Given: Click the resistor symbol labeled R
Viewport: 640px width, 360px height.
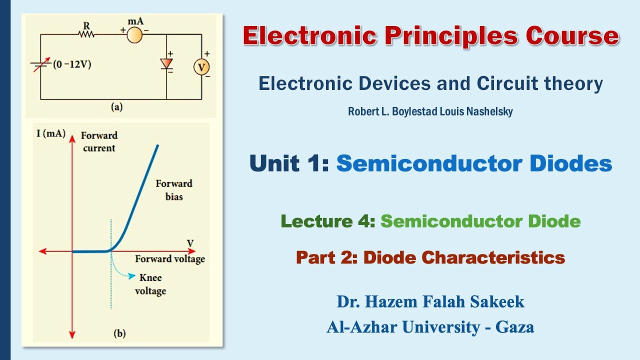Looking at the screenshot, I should [x=86, y=34].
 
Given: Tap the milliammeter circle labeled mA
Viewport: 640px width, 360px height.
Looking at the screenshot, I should [x=134, y=34].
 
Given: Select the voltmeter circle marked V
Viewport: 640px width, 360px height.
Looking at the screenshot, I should [x=201, y=66].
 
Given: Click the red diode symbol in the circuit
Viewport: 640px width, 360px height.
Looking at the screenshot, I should [x=166, y=63].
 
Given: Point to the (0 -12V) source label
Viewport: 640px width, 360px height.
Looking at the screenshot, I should [x=73, y=64].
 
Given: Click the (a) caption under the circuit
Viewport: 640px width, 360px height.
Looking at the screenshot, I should [x=115, y=106].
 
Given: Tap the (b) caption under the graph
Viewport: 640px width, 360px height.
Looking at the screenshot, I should [x=119, y=333].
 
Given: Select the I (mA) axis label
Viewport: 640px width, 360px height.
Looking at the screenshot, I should [x=51, y=133].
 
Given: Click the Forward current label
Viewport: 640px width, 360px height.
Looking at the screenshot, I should [x=99, y=141].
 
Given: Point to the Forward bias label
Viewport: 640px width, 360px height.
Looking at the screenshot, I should [x=174, y=190].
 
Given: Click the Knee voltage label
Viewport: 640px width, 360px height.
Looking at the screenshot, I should [x=150, y=284].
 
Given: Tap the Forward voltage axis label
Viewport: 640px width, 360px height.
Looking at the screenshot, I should [x=170, y=259].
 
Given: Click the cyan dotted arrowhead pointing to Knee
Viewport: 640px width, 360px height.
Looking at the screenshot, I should [x=132, y=275].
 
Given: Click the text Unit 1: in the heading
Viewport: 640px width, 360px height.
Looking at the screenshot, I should [x=289, y=163].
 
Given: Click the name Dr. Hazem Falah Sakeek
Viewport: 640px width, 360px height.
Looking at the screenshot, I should [x=430, y=301].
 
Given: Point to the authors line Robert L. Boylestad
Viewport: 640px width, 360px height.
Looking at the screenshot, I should [x=430, y=111].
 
